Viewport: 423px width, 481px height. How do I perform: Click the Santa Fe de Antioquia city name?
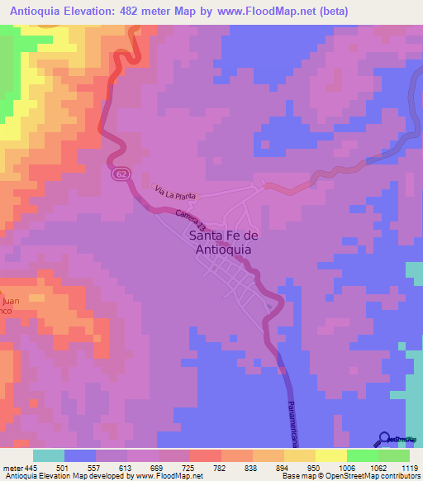[x=224, y=243]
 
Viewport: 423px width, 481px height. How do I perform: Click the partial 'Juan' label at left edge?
[x=7, y=302]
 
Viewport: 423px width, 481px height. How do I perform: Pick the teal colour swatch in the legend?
[x=49, y=455]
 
